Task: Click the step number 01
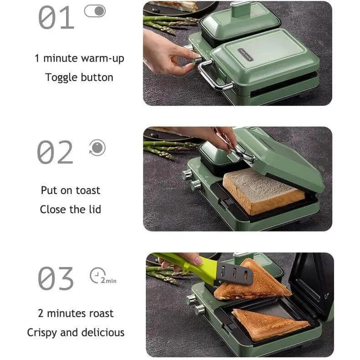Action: pyautogui.click(x=56, y=18)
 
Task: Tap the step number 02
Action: pyautogui.click(x=55, y=152)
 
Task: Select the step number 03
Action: pyautogui.click(x=56, y=278)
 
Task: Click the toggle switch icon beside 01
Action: pyautogui.click(x=95, y=11)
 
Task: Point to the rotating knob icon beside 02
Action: pyautogui.click(x=98, y=147)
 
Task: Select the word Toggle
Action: pyautogui.click(x=62, y=77)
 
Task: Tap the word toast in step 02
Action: pyautogui.click(x=88, y=190)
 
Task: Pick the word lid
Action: pyautogui.click(x=95, y=209)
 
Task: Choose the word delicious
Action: pyautogui.click(x=103, y=333)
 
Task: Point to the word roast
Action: pyautogui.click(x=101, y=314)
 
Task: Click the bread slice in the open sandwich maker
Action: pyautogui.click(x=264, y=191)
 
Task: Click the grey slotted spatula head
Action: pyautogui.click(x=235, y=273)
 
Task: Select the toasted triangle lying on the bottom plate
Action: pyautogui.click(x=270, y=324)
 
